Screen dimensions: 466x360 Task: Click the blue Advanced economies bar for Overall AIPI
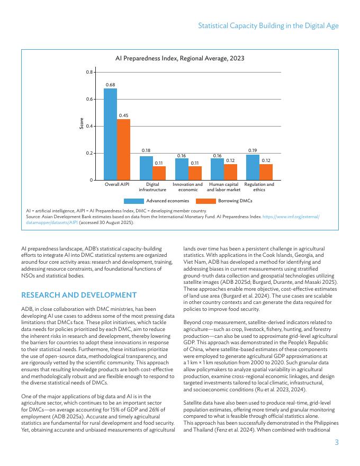pyautogui.click(x=110, y=134)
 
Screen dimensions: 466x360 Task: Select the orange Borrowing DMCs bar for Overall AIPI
pyautogui.click(x=123, y=149)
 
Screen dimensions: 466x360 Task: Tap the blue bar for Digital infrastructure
pyautogui.click(x=146, y=168)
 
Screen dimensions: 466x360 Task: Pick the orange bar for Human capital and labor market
pyautogui.click(x=230, y=172)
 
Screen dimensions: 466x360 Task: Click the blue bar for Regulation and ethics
pyautogui.click(x=253, y=167)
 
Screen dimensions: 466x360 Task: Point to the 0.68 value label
pyautogui.click(x=110, y=85)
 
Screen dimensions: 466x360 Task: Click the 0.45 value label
pyautogui.click(x=123, y=115)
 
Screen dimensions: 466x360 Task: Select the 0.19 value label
pyautogui.click(x=253, y=151)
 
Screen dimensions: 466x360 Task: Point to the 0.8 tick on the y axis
pyautogui.click(x=89, y=72)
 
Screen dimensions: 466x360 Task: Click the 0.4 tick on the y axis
pyautogui.click(x=89, y=126)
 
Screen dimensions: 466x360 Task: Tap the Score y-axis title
pyautogui.click(x=81, y=126)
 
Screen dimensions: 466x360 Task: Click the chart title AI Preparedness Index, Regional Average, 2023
pyautogui.click(x=179, y=58)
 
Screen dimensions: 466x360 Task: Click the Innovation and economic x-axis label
pyautogui.click(x=187, y=187)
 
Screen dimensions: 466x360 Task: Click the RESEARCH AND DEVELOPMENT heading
pyautogui.click(x=79, y=295)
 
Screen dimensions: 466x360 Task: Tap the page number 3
pyautogui.click(x=336, y=443)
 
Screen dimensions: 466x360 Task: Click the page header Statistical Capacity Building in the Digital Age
pyautogui.click(x=268, y=25)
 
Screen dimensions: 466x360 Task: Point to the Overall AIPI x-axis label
pyautogui.click(x=117, y=184)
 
